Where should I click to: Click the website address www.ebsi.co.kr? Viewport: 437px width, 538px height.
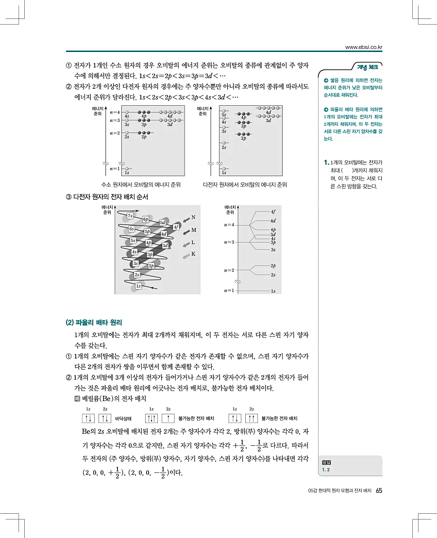click(x=364, y=47)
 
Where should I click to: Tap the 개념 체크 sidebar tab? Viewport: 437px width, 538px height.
click(x=367, y=67)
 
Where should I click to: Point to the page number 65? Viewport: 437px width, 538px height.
click(x=379, y=490)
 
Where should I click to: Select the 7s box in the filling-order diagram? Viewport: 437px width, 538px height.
click(x=130, y=216)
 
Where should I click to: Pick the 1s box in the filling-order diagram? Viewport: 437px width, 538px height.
click(x=138, y=286)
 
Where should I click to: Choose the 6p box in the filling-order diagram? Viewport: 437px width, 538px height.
click(x=146, y=219)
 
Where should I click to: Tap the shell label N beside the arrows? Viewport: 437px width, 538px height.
click(x=193, y=217)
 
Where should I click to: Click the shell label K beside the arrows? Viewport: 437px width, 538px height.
click(x=193, y=254)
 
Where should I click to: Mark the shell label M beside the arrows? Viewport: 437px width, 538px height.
click(x=193, y=230)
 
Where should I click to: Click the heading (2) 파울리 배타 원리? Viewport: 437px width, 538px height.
click(x=94, y=322)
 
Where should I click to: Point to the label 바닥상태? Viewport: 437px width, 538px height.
click(x=123, y=418)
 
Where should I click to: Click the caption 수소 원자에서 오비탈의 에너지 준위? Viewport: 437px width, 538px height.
click(x=138, y=185)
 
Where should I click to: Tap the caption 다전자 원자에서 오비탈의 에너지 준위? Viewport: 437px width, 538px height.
click(x=245, y=185)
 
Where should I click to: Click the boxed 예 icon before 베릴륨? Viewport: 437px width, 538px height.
click(x=77, y=398)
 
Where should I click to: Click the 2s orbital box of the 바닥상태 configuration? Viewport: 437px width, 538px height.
click(x=105, y=418)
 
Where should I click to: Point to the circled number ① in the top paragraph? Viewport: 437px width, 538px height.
click(x=68, y=65)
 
